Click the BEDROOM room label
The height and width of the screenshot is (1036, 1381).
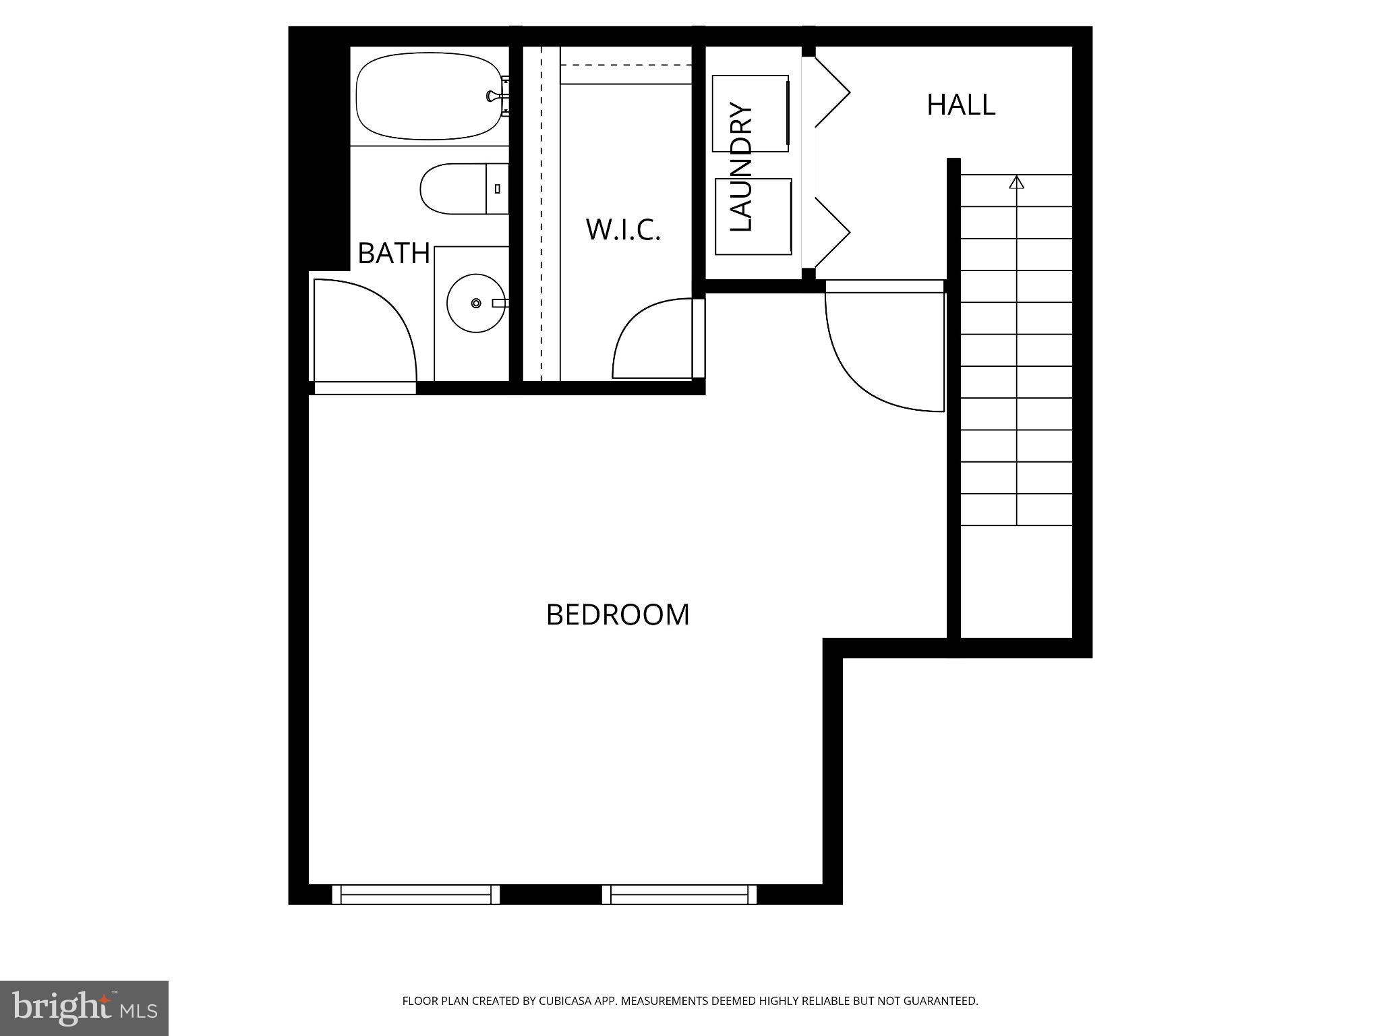point(618,614)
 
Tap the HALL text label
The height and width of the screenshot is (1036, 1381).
point(961,105)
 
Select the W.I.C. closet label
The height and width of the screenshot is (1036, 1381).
point(623,229)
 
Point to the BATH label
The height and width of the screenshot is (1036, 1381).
point(394,253)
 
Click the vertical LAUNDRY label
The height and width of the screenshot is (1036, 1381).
point(741,167)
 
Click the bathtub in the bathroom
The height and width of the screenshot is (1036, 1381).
point(428,96)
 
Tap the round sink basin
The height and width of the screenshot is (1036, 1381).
point(475,304)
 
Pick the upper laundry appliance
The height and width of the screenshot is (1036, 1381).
point(750,113)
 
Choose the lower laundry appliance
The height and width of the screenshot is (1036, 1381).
point(753,217)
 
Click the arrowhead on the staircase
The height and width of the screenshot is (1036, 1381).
point(1017,182)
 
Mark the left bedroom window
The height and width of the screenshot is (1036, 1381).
point(415,894)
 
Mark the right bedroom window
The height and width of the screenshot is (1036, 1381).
point(679,894)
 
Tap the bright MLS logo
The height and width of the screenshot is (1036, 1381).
point(84,1008)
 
